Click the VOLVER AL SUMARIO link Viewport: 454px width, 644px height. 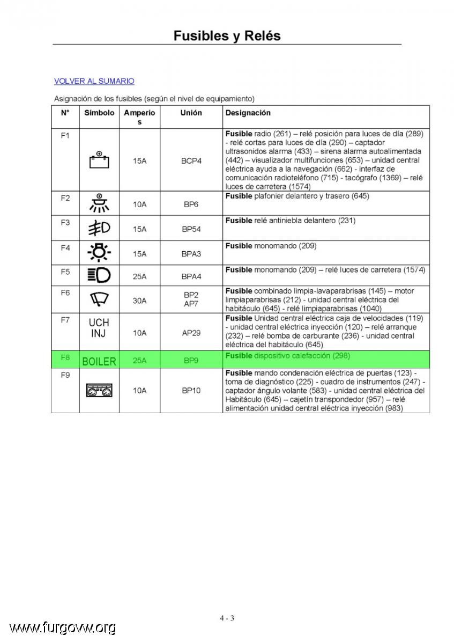(94, 81)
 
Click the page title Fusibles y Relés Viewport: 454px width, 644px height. (227, 36)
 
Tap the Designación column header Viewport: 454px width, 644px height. (248, 113)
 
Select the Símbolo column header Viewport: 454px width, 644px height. (99, 113)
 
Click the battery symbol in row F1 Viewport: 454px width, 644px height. (99, 160)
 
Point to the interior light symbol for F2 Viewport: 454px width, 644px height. (99, 203)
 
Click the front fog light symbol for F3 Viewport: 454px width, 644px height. (99, 228)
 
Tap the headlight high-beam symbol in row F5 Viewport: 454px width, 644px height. (99, 275)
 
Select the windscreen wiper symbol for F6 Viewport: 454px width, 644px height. (99, 299)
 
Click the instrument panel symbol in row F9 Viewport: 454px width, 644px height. (99, 390)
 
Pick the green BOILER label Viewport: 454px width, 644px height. (99, 361)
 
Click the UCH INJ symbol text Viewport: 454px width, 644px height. (99, 327)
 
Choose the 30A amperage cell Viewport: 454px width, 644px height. (139, 301)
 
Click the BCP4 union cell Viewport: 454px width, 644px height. (191, 160)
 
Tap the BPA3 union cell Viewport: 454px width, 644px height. (191, 253)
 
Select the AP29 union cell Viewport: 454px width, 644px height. (191, 333)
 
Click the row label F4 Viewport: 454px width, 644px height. (65, 248)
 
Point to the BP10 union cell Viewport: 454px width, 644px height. (191, 391)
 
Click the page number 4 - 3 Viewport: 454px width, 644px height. (227, 618)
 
